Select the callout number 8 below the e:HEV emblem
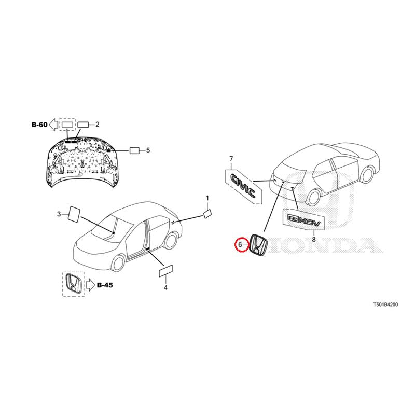point(314,240)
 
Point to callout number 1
point(208,198)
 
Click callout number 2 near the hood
point(97,125)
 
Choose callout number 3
point(59,213)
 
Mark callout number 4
point(165,287)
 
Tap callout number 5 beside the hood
point(148,150)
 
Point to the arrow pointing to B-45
point(89,284)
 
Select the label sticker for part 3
point(74,213)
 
